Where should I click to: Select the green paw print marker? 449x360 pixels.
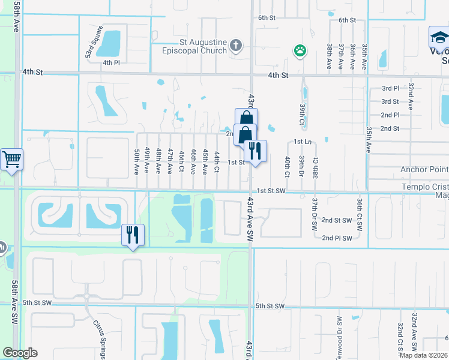tap(299, 50)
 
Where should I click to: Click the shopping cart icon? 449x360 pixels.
tap(11, 160)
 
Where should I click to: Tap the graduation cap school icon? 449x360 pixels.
tap(439, 38)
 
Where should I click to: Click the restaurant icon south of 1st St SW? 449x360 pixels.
tap(133, 234)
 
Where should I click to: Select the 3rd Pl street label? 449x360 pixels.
tap(390, 88)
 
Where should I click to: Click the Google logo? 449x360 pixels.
tap(20, 353)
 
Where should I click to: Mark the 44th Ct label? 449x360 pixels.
tap(217, 160)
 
